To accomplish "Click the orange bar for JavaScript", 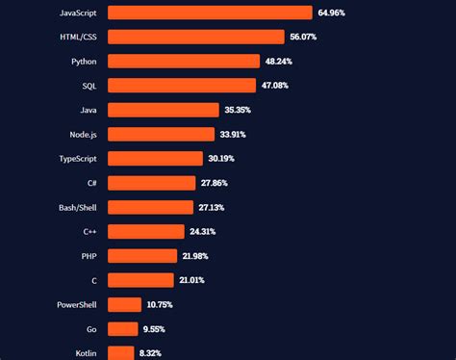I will click(x=210, y=13).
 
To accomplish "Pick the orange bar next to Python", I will click(x=184, y=61).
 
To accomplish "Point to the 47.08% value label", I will click(x=273, y=86).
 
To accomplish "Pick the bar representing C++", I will click(x=145, y=231).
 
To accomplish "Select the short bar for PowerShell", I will click(x=124, y=304).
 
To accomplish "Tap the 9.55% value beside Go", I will click(x=154, y=329).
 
